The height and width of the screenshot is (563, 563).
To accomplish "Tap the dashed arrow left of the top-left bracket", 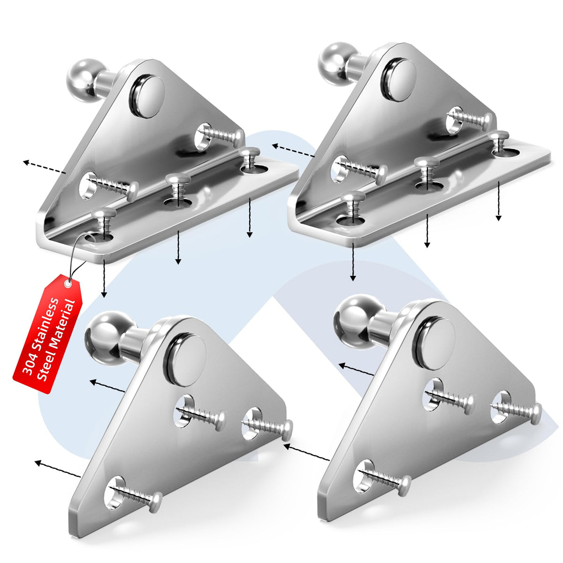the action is coord(45,167).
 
